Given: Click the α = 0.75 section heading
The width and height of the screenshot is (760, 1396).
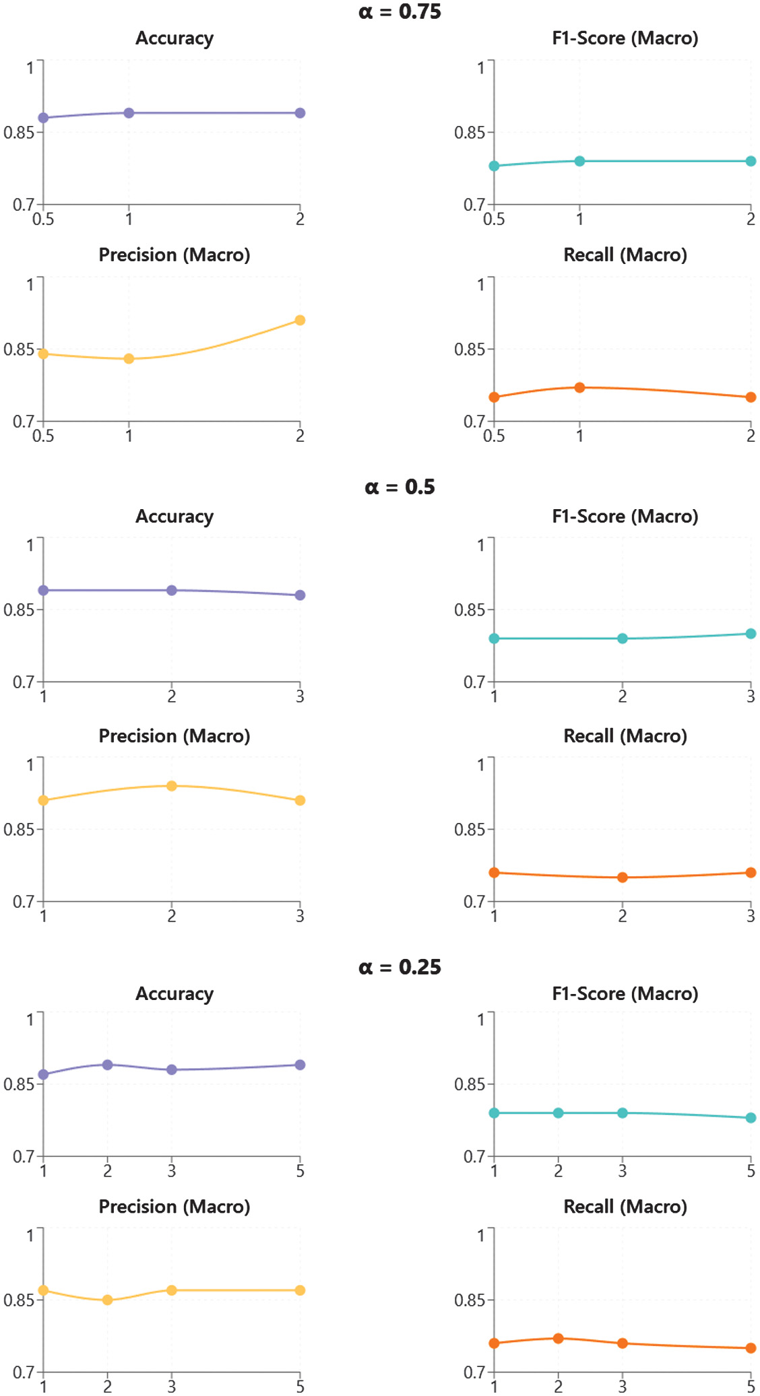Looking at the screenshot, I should pos(400,11).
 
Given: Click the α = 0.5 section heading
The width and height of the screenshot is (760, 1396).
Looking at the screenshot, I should pos(400,487).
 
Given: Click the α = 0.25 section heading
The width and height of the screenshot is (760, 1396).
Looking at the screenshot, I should pos(400,967).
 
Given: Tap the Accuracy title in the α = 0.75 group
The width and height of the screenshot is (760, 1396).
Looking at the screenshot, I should pos(175,38).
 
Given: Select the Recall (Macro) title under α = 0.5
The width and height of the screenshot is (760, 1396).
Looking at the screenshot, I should pos(625,736).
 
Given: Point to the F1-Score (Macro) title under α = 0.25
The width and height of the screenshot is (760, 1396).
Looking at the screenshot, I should pos(625,994).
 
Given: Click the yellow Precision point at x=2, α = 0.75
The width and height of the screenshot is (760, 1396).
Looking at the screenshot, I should pos(300,320).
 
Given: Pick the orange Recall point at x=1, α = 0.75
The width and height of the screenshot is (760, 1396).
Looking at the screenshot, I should pos(579,387).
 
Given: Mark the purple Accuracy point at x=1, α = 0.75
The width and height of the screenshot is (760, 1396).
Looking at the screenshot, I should pos(129,113).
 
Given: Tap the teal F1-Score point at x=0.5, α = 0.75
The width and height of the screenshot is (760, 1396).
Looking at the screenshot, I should pos(494,166).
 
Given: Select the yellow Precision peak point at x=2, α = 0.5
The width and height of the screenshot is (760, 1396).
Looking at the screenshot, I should pos(172,786).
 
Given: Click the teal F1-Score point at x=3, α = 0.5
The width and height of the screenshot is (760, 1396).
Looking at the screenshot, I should pos(751,634).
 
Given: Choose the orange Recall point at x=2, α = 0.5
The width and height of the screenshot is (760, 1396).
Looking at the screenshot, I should pos(623,877).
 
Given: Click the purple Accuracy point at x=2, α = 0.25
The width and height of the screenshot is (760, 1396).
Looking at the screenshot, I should pos(107,1065).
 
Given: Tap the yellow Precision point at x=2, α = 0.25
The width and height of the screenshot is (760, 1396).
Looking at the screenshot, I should pos(107,1300).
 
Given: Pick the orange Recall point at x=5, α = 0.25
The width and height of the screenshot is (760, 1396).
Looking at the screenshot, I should pos(751,1348).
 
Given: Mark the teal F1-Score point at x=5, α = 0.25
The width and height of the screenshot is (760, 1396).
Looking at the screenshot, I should pos(751,1118).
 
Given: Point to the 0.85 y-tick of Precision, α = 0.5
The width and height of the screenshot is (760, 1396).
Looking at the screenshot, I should pos(18,830).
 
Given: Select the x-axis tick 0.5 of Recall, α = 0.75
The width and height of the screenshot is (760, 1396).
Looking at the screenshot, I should pos(494,436).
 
